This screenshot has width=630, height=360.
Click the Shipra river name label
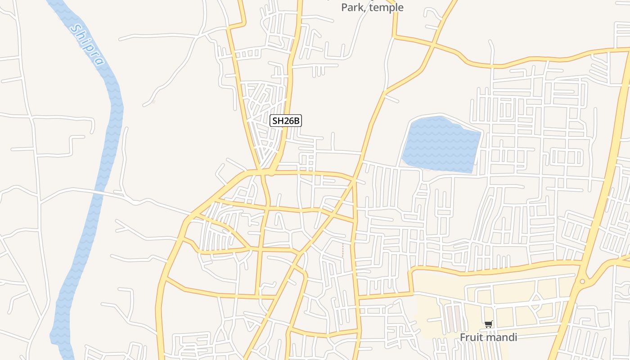pyautogui.click(x=88, y=45)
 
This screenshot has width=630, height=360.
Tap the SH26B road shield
pyautogui.click(x=285, y=121)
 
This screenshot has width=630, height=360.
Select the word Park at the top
pyautogui.click(x=352, y=8)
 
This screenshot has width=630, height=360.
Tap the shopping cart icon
pyautogui.click(x=488, y=324)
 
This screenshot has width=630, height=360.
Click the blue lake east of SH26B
pyautogui.click(x=441, y=144)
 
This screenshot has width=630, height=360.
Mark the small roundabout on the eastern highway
pyautogui.click(x=582, y=281)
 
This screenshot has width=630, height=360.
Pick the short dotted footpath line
pyautogui.click(x=343, y=251)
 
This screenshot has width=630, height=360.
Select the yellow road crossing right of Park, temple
pyautogui.click(x=432, y=45)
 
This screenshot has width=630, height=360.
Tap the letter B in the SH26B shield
pyautogui.click(x=296, y=121)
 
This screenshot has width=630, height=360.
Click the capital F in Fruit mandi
pyautogui.click(x=463, y=337)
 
